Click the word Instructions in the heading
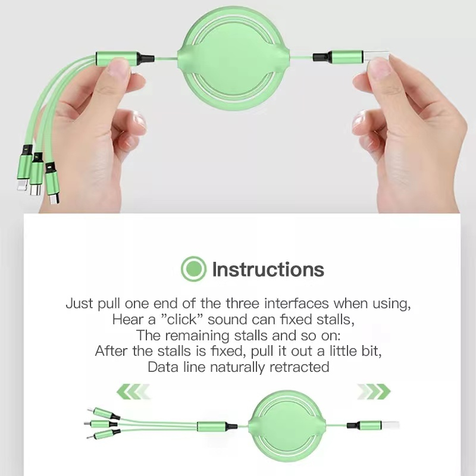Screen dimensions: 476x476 pyautogui.click(x=268, y=270)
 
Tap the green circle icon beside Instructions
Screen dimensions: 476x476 pyautogui.click(x=194, y=269)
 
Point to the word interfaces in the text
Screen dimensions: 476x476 pyautogui.click(x=296, y=303)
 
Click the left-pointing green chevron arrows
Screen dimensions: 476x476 pyautogui.click(x=133, y=392)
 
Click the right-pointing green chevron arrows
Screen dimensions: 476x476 pyautogui.click(x=374, y=392)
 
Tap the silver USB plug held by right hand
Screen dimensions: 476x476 pyautogui.click(x=376, y=56)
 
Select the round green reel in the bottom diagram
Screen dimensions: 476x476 pyautogui.click(x=287, y=424)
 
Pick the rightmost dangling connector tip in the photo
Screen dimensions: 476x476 pyautogui.click(x=54, y=199)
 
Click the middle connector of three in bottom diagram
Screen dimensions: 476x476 pyautogui.click(x=100, y=423)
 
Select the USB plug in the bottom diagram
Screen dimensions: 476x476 pyautogui.click(x=390, y=425)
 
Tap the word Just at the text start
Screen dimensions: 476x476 pyautogui.click(x=80, y=303)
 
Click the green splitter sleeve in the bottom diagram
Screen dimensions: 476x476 pyautogui.click(x=211, y=426)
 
